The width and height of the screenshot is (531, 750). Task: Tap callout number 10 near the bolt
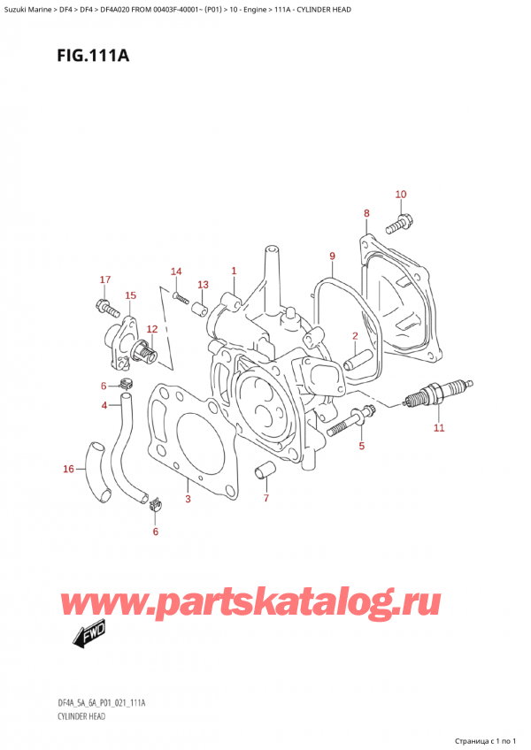pos(400,195)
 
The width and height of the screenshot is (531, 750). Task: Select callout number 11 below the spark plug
pos(439,429)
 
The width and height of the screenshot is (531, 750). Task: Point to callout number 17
pos(104,280)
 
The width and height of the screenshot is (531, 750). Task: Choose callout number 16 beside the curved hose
pos(68,469)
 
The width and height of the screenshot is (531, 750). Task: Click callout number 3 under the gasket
pos(188,500)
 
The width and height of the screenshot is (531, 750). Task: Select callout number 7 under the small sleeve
pos(265,500)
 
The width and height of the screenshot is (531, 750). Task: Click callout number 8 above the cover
pos(366,213)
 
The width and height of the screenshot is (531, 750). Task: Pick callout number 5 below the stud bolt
pos(361,446)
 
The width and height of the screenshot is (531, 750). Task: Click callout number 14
pos(175,271)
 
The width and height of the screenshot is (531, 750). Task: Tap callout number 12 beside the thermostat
pos(152,329)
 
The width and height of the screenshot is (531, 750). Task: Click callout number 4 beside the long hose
pos(104,405)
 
